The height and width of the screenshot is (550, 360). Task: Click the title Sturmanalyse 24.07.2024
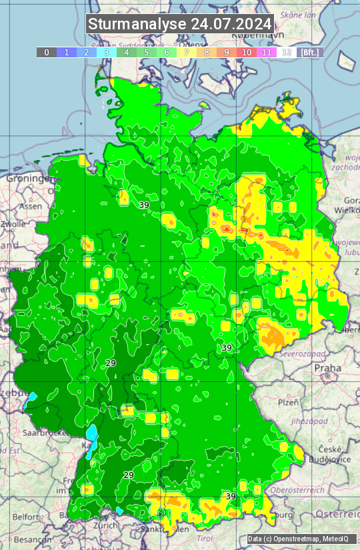[180, 23]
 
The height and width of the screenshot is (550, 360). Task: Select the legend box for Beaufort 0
[47, 52]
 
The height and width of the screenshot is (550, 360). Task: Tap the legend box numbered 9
[227, 52]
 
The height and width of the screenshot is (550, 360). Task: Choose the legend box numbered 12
[287, 52]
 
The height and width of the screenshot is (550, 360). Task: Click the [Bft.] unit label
[309, 52]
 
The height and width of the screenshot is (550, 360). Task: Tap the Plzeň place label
[288, 403]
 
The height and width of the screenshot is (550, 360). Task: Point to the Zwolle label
[13, 224]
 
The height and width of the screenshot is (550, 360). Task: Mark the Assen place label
[30, 207]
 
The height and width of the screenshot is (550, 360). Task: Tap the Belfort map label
[26, 517]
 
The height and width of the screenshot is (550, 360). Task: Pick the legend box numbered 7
[187, 52]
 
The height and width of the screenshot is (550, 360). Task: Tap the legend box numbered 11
[267, 52]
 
